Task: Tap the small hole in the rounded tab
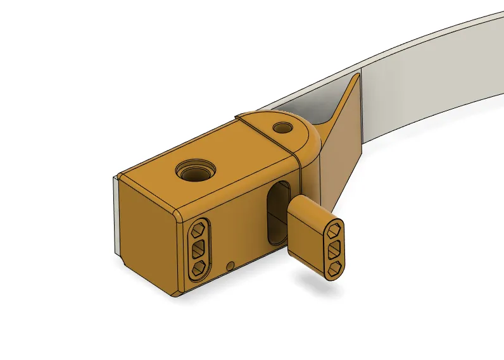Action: tap(282, 128)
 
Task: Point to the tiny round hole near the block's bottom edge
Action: tap(231, 264)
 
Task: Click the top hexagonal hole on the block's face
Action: tap(199, 228)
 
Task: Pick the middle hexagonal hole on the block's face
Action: tap(198, 247)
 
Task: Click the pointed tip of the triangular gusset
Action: tap(357, 75)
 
